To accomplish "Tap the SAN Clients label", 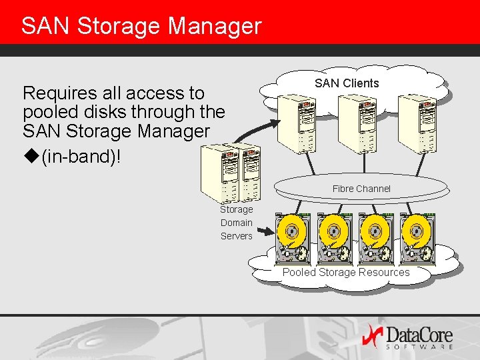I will click(x=347, y=83).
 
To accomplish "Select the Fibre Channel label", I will click(x=361, y=189).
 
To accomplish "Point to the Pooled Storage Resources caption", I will click(x=346, y=272).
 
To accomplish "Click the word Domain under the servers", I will click(x=237, y=223).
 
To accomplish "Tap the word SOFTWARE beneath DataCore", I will click(x=420, y=347).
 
